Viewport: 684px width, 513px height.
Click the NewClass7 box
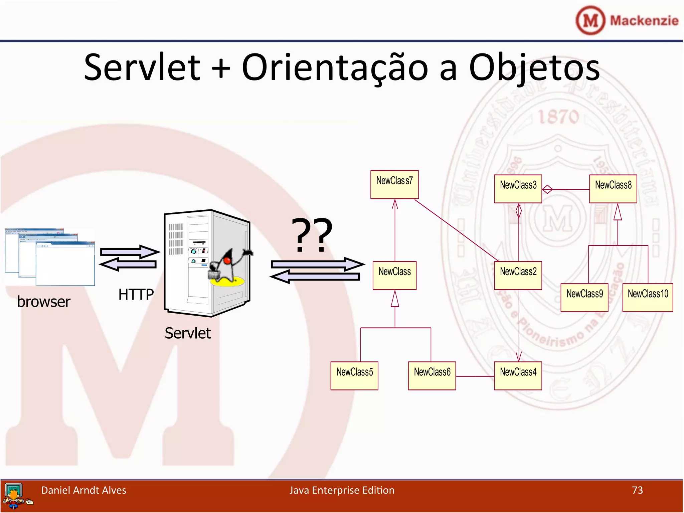click(x=394, y=184)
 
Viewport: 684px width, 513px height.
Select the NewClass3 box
click(x=518, y=189)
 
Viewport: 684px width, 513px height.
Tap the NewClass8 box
click(x=613, y=189)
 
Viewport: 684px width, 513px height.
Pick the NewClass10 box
click(x=647, y=297)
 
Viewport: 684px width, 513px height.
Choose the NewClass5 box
click(x=354, y=375)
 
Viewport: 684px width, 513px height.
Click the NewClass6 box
click(x=432, y=375)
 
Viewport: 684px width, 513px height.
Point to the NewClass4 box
click(x=518, y=375)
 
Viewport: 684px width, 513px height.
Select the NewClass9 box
click(x=584, y=297)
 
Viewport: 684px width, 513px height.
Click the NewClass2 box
click(x=518, y=275)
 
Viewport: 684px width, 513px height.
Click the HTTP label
click(x=136, y=295)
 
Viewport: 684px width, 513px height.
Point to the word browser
click(x=44, y=302)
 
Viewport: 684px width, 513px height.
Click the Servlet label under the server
click(x=188, y=333)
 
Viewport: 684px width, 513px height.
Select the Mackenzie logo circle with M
click(x=590, y=21)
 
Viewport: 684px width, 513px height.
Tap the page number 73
click(x=637, y=490)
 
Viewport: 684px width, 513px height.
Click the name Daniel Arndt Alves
click(x=83, y=490)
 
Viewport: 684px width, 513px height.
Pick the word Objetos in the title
click(x=534, y=68)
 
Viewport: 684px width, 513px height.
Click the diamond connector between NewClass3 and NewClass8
click(x=547, y=189)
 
